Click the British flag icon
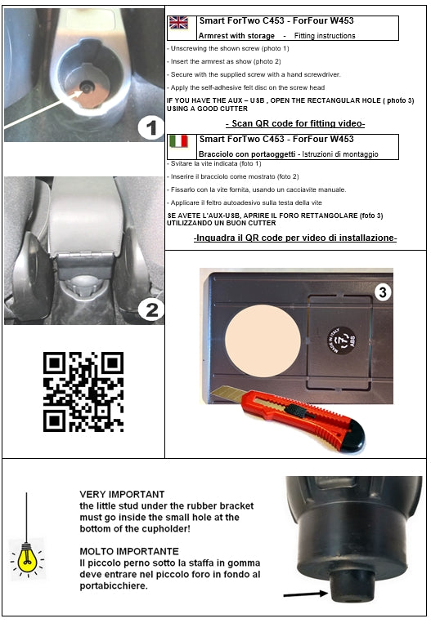pos(178,23)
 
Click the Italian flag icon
pos(178,142)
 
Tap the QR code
pos(83,392)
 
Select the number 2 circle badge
pos(148,309)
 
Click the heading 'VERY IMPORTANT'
pos(122,495)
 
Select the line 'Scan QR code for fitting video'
pos(294,123)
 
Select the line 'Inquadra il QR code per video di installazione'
pos(294,238)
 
